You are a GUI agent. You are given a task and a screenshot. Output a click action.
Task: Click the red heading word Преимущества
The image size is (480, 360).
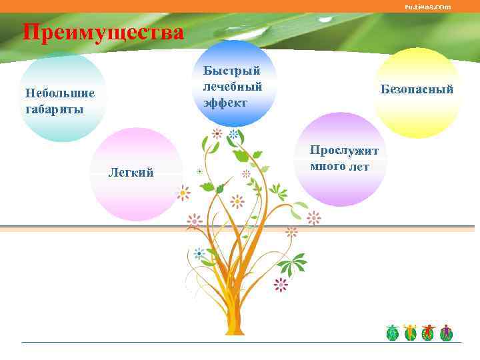pyautogui.click(x=103, y=32)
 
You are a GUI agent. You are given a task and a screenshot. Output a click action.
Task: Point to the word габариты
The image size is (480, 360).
pyautogui.click(x=54, y=109)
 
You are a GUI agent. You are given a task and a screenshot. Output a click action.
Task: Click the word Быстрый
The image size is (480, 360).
pyautogui.click(x=231, y=70)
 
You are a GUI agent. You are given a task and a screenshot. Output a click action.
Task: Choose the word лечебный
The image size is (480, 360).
pyautogui.click(x=233, y=86)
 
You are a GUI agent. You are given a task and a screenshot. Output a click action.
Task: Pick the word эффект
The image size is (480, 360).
pyautogui.click(x=225, y=103)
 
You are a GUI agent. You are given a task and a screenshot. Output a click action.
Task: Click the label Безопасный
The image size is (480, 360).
pyautogui.click(x=417, y=89)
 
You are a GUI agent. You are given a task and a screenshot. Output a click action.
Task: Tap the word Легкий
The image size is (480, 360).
pyautogui.click(x=131, y=173)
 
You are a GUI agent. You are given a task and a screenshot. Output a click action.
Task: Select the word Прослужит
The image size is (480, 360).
pyautogui.click(x=343, y=151)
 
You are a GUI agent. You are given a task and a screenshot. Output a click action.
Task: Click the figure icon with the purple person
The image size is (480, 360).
pyautogui.click(x=446, y=333)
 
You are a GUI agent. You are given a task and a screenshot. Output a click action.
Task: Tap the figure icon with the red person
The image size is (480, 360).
pyautogui.click(x=428, y=333)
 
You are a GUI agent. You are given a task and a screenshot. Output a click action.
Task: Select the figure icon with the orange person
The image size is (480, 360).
pyautogui.click(x=410, y=333)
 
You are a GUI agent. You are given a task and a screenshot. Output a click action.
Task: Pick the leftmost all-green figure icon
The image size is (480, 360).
pyautogui.click(x=393, y=333)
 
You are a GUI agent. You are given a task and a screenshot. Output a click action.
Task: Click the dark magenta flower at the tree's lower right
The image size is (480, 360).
pyautogui.click(x=281, y=285)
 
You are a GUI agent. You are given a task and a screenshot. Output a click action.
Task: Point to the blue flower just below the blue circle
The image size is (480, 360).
pyautogui.click(x=233, y=134)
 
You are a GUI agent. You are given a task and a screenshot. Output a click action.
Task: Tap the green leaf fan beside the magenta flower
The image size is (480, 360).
pyautogui.click(x=291, y=265)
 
